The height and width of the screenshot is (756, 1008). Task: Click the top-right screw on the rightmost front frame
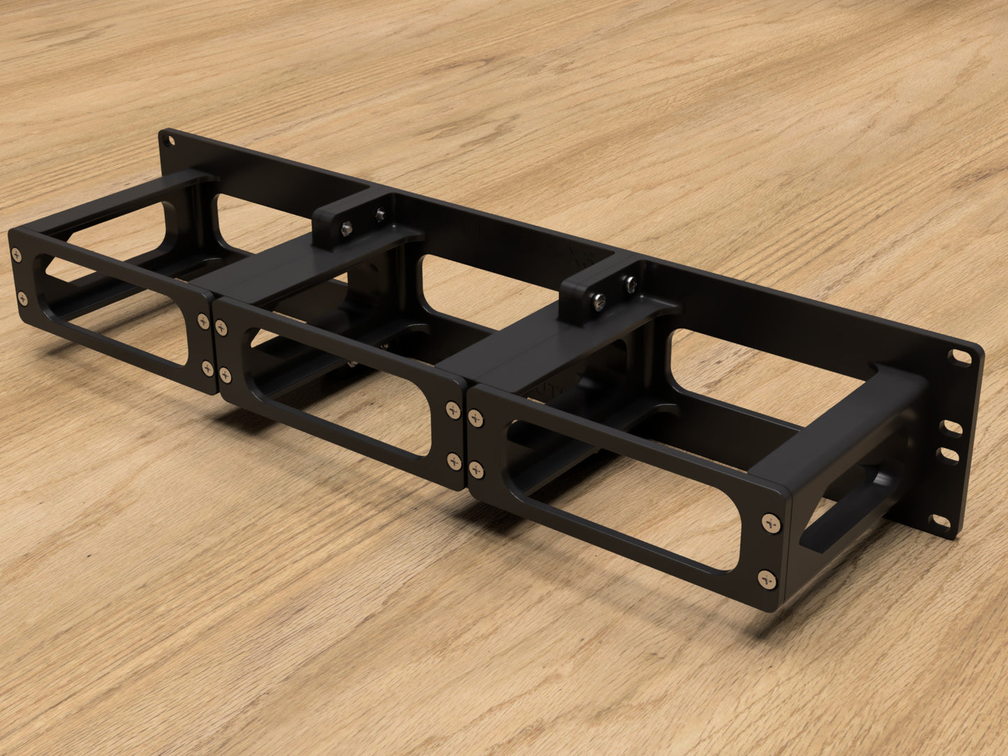(x=769, y=522)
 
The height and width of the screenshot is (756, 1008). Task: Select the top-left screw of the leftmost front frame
(x=15, y=255)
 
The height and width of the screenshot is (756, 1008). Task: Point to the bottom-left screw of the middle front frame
(x=225, y=374)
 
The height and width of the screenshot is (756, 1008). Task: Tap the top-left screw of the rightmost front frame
(x=476, y=418)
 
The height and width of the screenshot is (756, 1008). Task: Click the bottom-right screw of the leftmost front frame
(x=207, y=367)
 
